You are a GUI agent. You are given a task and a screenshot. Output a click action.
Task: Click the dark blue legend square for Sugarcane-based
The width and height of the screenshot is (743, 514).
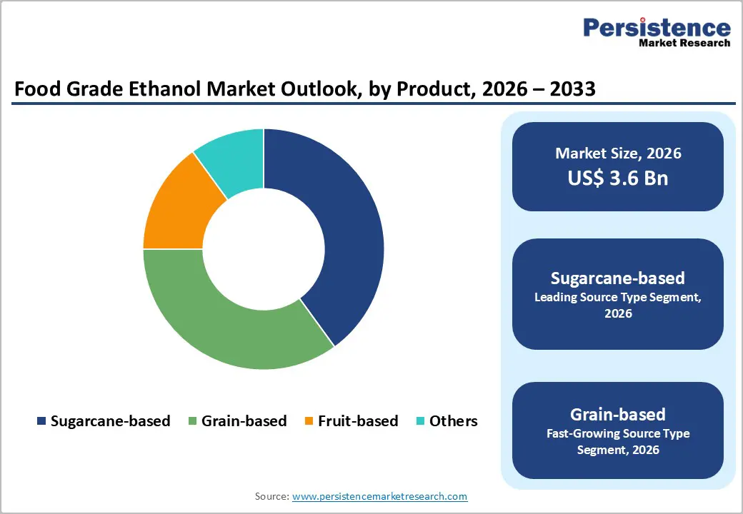pos(41,421)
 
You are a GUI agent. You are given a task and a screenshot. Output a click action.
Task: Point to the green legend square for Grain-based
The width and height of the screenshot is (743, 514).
pos(192,421)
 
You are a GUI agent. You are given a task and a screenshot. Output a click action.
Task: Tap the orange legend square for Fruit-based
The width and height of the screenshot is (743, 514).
pos(309,421)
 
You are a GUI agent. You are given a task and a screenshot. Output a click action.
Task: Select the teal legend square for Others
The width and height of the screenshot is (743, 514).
pos(420,421)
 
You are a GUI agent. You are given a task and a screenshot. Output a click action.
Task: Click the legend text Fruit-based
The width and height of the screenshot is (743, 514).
pos(358,421)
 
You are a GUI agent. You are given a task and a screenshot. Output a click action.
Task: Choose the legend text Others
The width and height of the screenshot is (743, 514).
pos(453,421)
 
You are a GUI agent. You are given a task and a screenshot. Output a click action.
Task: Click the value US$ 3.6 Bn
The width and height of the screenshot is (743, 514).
pos(618,178)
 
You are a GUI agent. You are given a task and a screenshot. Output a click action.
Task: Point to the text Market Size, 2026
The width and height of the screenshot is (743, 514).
pos(618,153)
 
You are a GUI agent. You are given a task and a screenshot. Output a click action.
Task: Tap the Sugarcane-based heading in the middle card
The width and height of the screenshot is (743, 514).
pos(618,278)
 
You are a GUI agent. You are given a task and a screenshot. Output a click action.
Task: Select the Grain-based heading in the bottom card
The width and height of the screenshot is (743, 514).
pos(618,414)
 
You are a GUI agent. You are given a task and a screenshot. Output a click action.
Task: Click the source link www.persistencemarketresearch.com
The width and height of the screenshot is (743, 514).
pos(380,496)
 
